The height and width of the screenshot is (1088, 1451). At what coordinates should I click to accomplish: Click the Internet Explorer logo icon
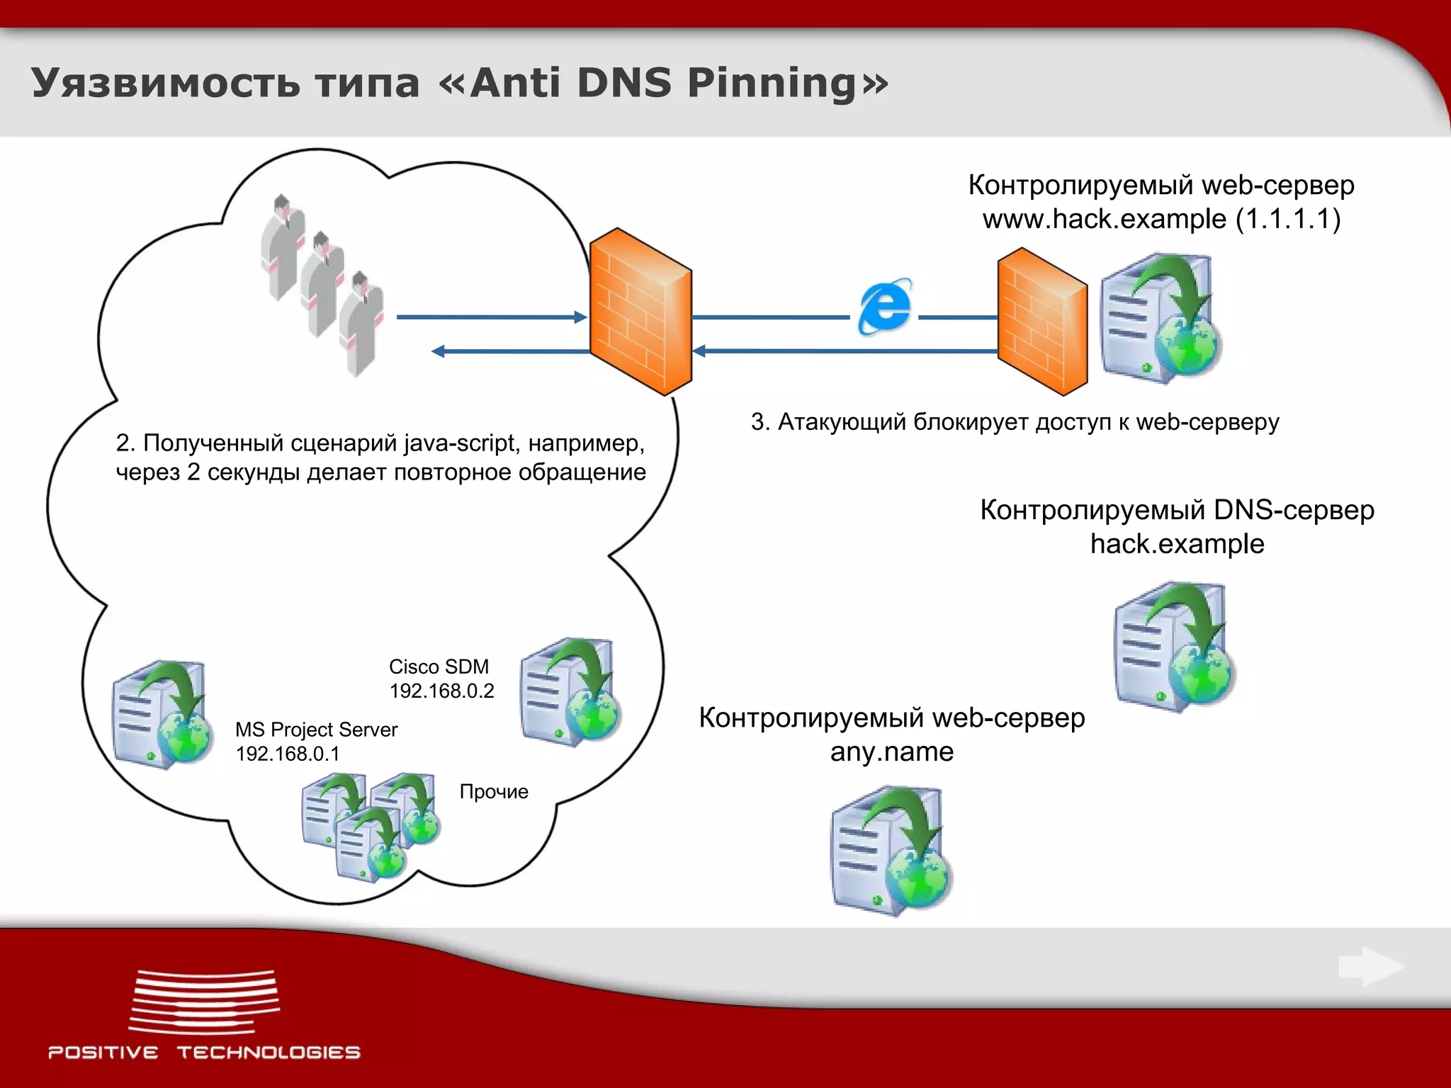click(x=885, y=306)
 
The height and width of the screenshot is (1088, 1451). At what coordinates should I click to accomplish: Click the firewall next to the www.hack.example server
click(x=1041, y=321)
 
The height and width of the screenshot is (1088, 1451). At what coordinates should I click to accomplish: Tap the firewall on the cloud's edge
click(x=640, y=312)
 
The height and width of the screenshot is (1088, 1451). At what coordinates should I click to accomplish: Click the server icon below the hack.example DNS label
click(x=1173, y=646)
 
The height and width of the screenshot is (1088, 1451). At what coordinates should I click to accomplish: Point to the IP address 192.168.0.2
click(x=441, y=691)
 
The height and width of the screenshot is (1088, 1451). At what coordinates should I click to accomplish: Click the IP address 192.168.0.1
click(x=288, y=754)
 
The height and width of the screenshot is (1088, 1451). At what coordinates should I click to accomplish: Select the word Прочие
click(x=494, y=792)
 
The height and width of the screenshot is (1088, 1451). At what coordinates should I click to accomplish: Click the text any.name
click(x=891, y=752)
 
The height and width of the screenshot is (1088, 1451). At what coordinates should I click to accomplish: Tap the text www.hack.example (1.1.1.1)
click(x=1161, y=219)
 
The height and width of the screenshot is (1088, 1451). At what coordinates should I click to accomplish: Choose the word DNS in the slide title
click(x=623, y=83)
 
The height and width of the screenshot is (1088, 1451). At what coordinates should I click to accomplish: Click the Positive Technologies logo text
click(x=204, y=1053)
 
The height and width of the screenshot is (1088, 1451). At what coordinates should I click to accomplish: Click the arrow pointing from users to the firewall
click(x=491, y=317)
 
